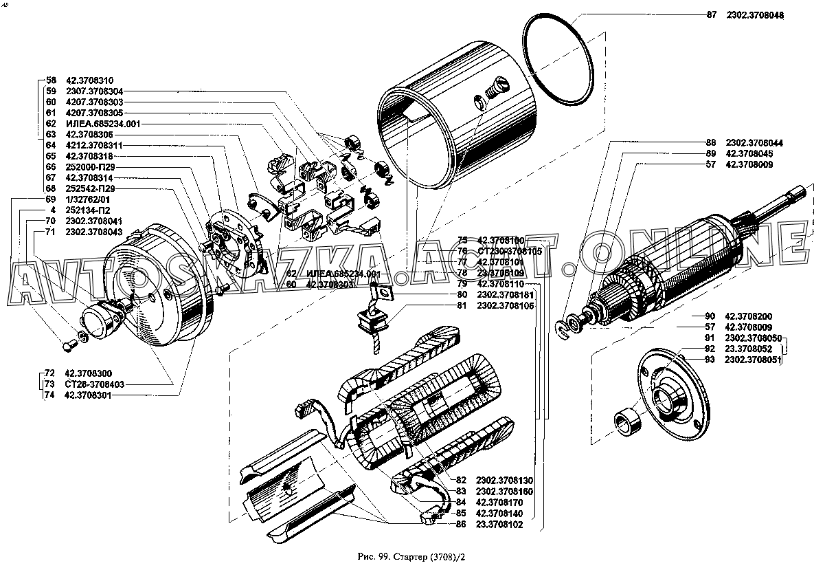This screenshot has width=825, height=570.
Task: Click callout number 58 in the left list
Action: [x=50, y=80]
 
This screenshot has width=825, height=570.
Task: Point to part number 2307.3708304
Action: [x=95, y=91]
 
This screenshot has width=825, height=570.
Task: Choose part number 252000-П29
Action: [x=91, y=167]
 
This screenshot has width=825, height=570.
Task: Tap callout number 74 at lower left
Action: [x=49, y=395]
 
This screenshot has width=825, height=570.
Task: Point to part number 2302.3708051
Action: [x=754, y=360]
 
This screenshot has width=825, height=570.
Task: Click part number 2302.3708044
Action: [x=755, y=142]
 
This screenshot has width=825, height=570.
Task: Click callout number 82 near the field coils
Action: [x=461, y=479]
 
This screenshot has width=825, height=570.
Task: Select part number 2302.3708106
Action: [x=505, y=306]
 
